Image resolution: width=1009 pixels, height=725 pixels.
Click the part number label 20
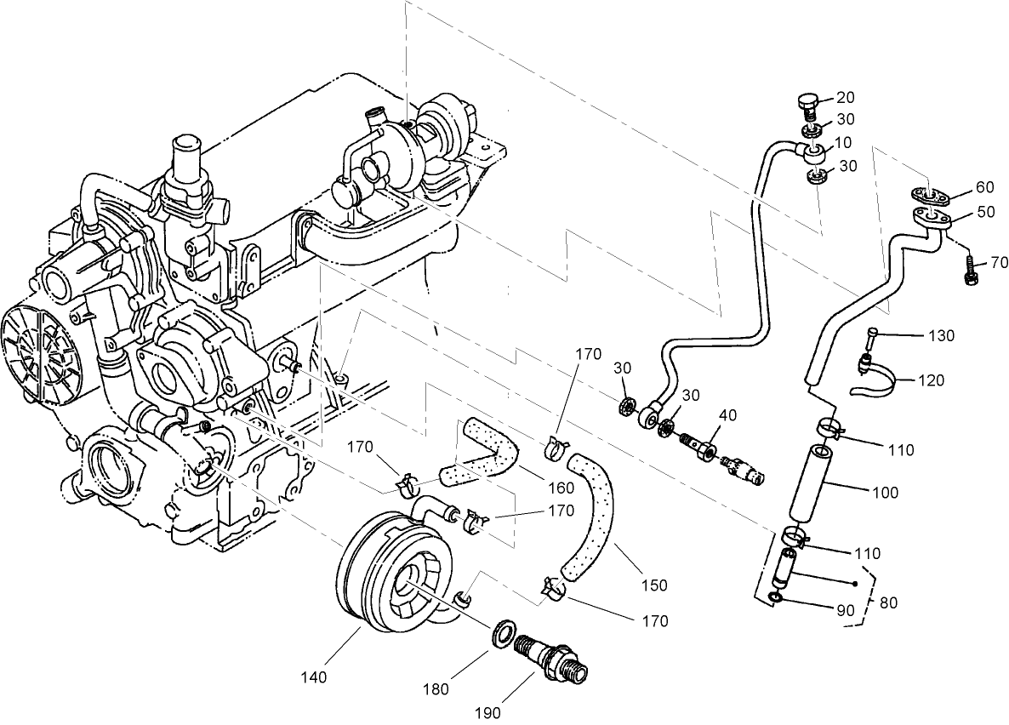point(845,97)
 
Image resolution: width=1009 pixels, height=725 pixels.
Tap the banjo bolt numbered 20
point(807,105)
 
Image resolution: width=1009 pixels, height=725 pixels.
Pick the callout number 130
point(940,335)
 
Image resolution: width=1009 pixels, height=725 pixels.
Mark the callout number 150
point(655,585)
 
